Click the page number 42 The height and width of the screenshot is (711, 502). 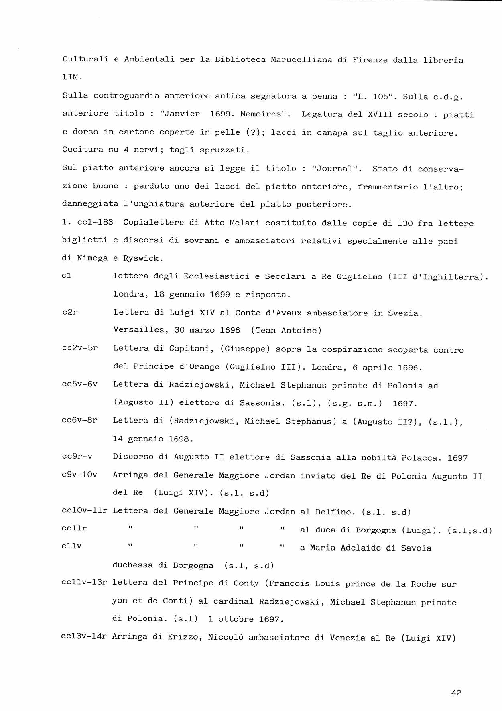(x=456, y=693)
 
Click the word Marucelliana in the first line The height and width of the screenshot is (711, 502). (x=301, y=60)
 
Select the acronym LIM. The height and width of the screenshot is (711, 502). (x=72, y=77)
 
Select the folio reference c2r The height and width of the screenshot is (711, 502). (x=70, y=312)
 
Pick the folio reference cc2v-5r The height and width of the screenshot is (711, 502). (x=80, y=348)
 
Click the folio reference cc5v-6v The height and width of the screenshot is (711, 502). (x=79, y=384)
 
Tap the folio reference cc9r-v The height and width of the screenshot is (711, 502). (x=77, y=457)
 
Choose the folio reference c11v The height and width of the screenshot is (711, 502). (x=72, y=546)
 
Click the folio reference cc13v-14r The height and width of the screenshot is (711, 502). (x=84, y=636)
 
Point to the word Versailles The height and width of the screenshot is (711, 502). (x=138, y=330)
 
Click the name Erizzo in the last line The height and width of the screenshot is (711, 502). (x=185, y=637)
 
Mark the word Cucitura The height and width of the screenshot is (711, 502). (x=83, y=150)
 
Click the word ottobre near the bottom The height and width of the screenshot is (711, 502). (x=236, y=619)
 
